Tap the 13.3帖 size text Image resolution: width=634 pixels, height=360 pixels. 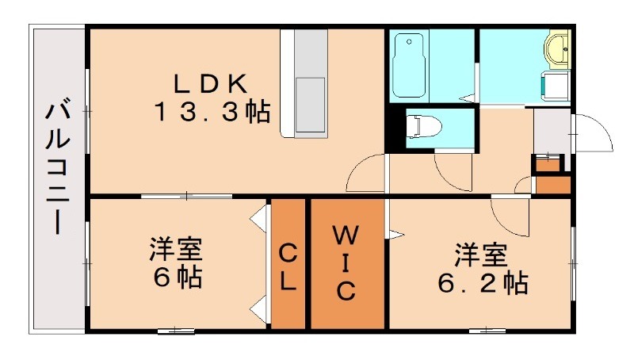tap(212, 112)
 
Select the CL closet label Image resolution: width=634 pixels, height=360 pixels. tap(288, 266)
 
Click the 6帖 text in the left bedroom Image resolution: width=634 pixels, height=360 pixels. tap(177, 278)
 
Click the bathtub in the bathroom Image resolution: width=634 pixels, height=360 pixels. tap(411, 63)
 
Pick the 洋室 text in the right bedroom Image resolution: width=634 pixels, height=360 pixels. tap(481, 255)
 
